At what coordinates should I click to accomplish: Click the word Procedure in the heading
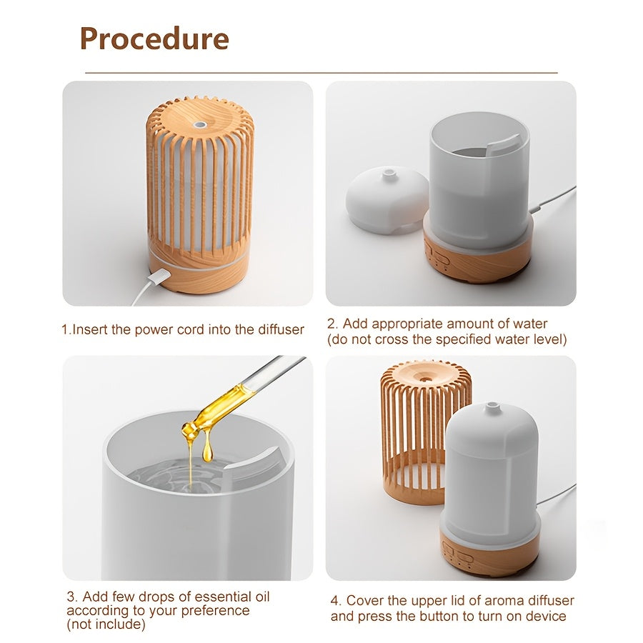click(x=154, y=38)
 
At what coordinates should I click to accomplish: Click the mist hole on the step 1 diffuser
click(x=199, y=124)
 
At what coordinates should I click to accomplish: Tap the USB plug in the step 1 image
click(x=158, y=277)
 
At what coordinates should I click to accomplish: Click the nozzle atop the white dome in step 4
click(x=492, y=408)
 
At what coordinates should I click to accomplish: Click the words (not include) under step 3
click(x=106, y=624)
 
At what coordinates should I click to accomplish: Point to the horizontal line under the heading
click(x=321, y=73)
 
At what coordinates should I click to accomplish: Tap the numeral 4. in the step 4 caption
click(x=336, y=601)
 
